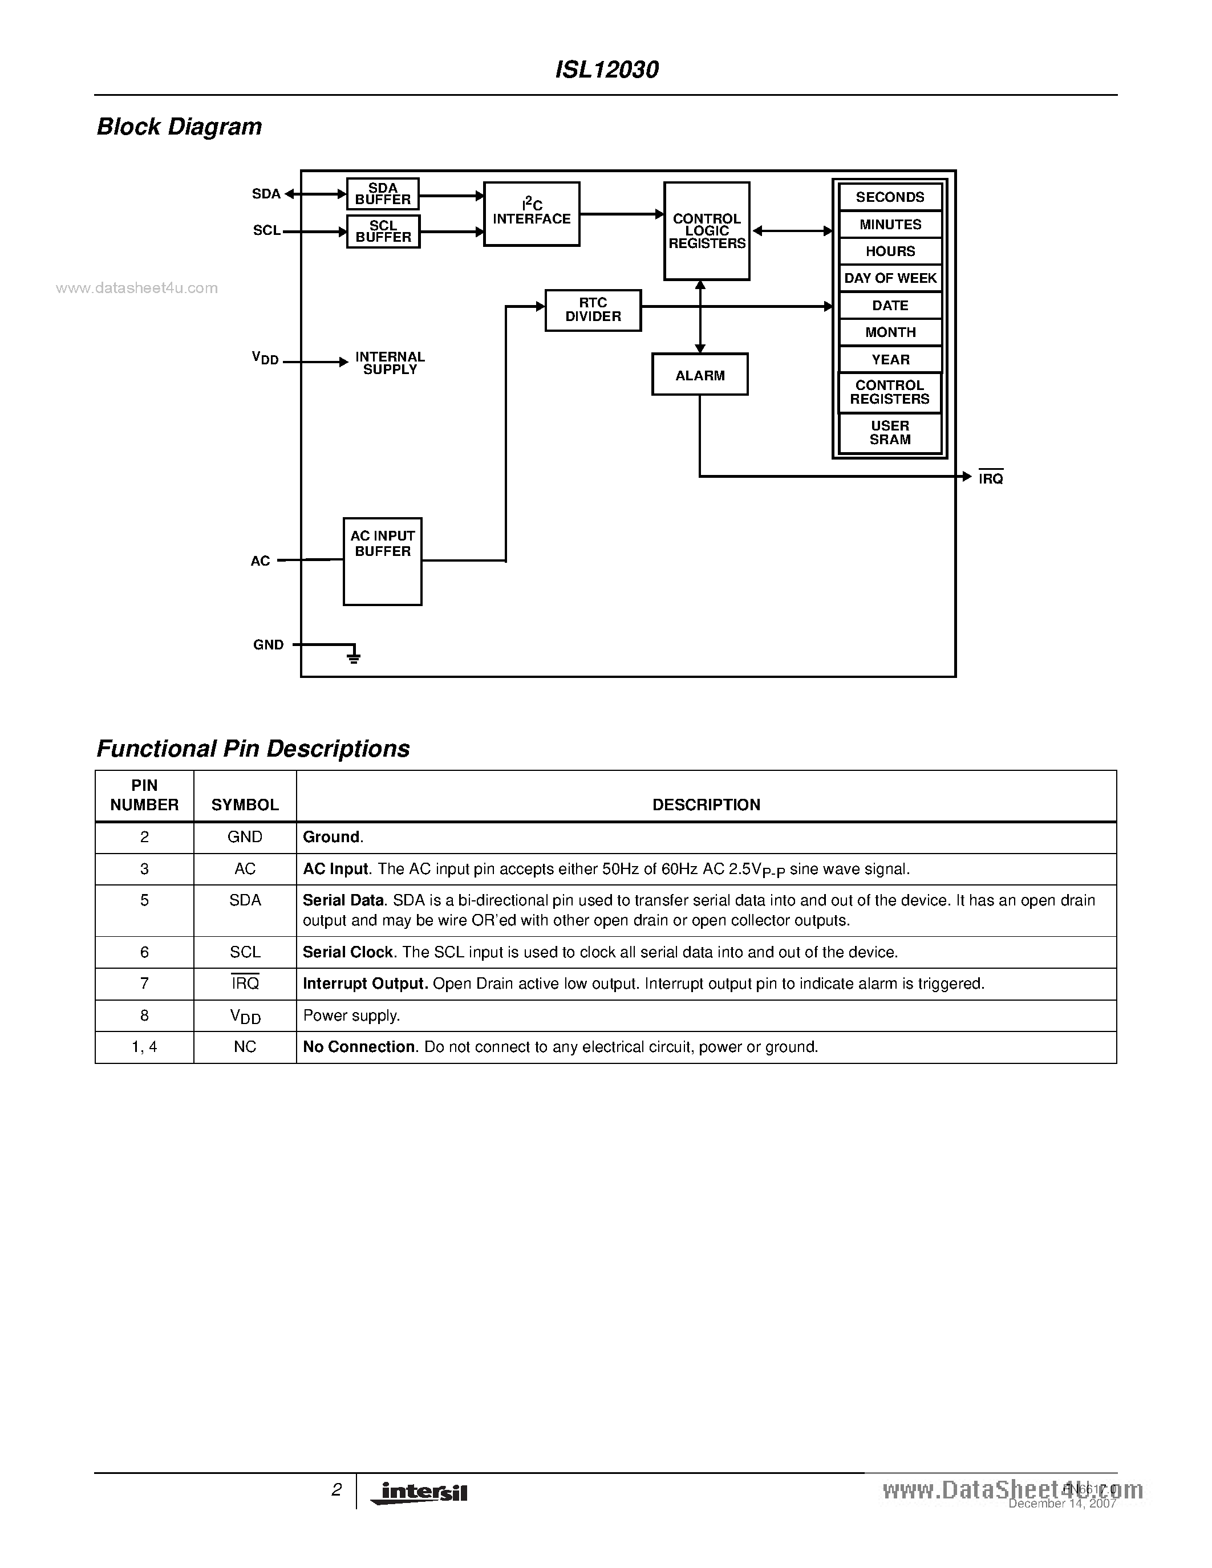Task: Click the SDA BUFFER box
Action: [383, 194]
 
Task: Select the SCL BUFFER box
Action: [383, 231]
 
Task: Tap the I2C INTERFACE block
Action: [532, 214]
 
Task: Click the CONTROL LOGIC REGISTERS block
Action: [707, 230]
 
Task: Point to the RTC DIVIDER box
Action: [593, 310]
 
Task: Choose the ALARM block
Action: [699, 375]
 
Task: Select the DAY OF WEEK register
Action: [890, 278]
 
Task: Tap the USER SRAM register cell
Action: [890, 433]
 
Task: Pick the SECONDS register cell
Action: [890, 197]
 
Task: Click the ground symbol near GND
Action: [353, 655]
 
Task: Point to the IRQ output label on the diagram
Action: [990, 478]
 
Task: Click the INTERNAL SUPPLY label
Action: [390, 363]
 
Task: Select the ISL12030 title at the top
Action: [607, 70]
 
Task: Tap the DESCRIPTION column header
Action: [706, 805]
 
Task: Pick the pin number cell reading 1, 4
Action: [144, 1047]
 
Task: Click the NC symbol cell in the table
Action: [245, 1047]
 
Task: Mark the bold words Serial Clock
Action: [347, 952]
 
